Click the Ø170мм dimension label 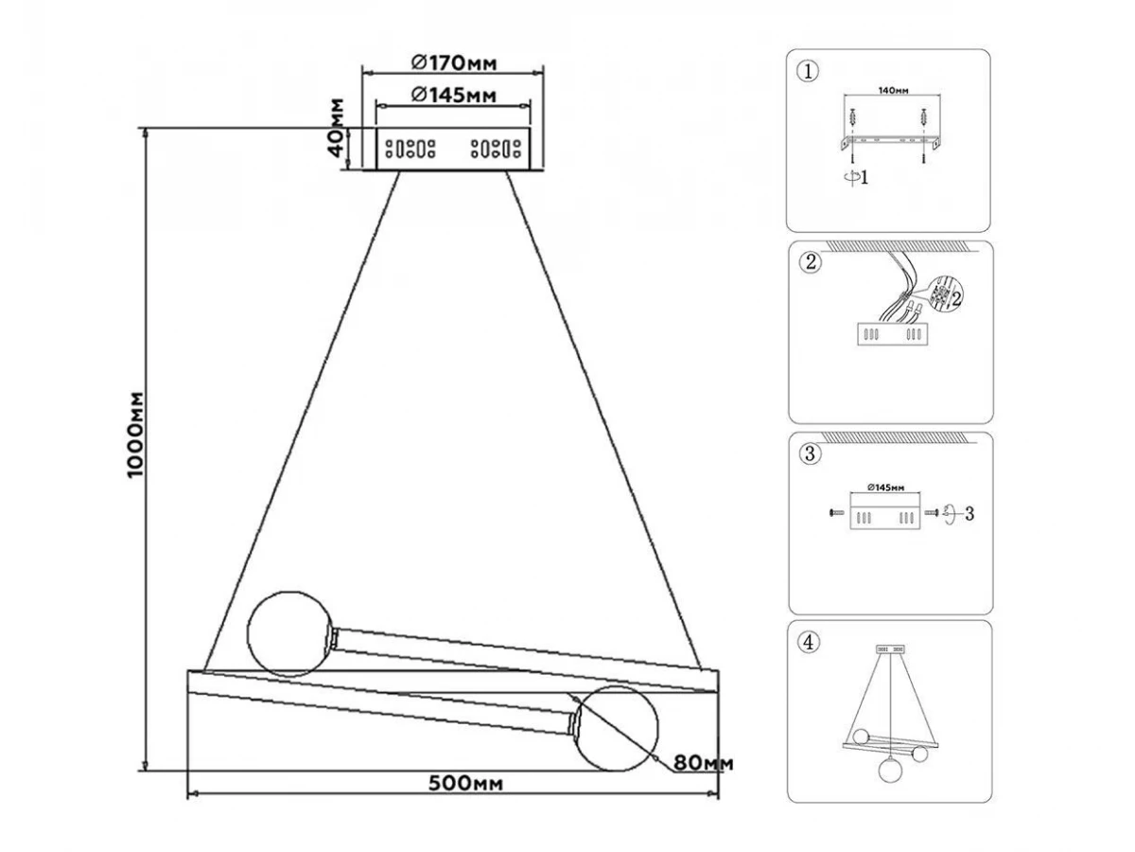tap(454, 63)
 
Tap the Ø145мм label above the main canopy tap(454, 95)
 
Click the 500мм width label tap(464, 783)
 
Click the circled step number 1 tap(806, 71)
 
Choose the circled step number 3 tap(809, 453)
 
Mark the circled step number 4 tap(807, 643)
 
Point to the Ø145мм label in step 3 tap(885, 488)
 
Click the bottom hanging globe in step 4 tap(890, 771)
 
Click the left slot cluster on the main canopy tap(409, 149)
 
